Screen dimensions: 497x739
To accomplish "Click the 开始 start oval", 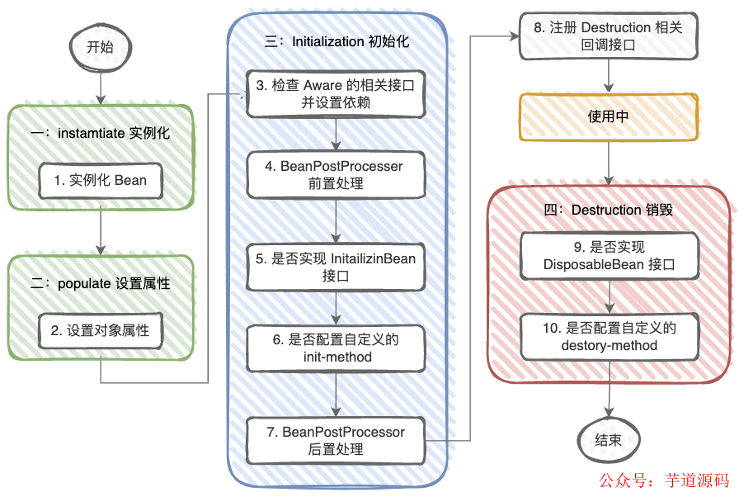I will (100, 47).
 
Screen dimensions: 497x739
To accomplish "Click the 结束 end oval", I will (609, 440).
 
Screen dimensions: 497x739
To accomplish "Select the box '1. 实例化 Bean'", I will (100, 180).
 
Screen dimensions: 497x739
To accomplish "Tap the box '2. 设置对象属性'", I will (100, 330).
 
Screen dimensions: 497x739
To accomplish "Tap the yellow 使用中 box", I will (609, 117).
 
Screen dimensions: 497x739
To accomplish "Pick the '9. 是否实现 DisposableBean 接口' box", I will (609, 256).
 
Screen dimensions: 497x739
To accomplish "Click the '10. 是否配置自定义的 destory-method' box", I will (609, 337).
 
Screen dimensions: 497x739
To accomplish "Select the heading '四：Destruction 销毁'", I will (609, 210).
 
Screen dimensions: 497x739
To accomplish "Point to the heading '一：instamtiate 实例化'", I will (101, 133).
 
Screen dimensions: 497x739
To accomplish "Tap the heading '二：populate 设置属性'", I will (101, 283).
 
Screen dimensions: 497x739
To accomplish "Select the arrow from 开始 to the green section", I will (100, 86).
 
